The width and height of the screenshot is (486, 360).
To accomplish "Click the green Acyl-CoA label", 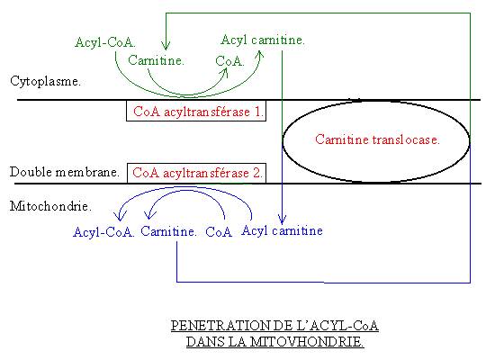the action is [105, 42].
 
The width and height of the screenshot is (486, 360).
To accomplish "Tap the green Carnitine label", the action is [156, 60].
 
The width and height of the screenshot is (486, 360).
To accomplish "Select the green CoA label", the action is [229, 61].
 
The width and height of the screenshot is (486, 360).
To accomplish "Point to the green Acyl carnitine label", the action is [263, 40].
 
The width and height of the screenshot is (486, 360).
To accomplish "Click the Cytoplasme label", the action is [45, 81].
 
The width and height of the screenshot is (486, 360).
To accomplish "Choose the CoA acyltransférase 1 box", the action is [196, 111].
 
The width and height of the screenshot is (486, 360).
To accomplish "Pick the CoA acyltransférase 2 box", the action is [196, 173].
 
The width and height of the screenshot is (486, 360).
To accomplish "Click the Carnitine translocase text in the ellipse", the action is [377, 139].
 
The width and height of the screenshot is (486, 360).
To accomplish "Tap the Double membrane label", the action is [65, 172].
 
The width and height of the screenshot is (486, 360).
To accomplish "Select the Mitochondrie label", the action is [50, 206].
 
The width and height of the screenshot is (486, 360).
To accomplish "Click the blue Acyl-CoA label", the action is [103, 232].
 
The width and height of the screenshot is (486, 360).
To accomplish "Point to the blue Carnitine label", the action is [168, 231].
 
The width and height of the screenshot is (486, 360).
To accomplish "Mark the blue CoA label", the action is [219, 232].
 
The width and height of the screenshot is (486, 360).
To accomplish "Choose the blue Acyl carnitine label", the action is [282, 230].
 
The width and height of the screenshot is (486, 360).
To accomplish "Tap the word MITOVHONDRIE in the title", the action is [307, 342].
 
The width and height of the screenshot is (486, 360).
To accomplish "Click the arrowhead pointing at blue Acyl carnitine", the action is [282, 220].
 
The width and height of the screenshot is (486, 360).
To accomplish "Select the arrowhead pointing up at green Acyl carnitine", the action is [260, 56].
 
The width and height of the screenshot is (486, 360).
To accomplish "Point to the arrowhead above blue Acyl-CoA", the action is [120, 215].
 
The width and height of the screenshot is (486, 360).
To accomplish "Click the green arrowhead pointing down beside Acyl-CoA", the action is [166, 45].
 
